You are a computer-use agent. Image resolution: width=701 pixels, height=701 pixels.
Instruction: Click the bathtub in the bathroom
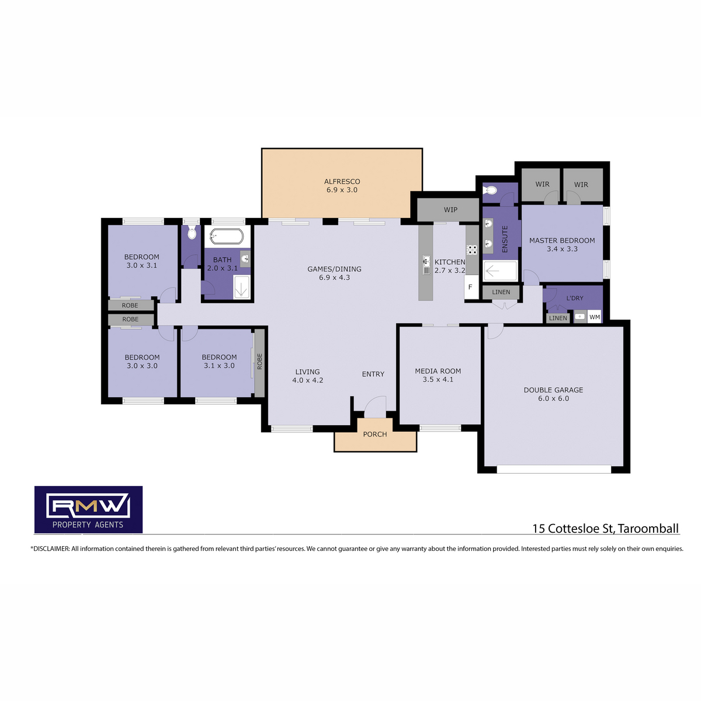226,236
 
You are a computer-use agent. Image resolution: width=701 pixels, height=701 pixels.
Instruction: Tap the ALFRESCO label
342,181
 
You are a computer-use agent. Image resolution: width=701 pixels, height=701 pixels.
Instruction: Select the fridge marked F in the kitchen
471,287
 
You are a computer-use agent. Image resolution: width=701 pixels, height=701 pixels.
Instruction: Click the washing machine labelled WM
594,317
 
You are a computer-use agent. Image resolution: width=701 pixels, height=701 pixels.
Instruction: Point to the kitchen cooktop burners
472,249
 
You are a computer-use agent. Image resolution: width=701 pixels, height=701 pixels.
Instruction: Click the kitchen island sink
426,265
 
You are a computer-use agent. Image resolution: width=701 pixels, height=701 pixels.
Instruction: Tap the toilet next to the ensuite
490,190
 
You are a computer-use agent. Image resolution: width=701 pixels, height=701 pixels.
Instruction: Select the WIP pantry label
450,210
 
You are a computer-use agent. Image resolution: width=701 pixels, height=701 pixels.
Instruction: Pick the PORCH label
374,434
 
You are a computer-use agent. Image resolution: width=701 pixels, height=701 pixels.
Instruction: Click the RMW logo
88,509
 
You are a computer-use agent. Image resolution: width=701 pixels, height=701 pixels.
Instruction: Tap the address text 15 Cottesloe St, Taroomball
605,528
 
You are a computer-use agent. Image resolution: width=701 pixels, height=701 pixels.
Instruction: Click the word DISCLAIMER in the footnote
51,549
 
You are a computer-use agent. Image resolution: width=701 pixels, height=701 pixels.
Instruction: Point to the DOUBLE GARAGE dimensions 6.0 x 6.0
553,398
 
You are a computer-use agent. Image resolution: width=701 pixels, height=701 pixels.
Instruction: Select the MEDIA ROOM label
438,371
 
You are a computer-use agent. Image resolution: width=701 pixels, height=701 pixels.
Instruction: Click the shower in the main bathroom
241,287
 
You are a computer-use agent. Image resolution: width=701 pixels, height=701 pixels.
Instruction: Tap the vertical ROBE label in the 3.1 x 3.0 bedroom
259,361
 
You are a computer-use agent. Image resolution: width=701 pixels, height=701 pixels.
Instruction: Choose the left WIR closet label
542,184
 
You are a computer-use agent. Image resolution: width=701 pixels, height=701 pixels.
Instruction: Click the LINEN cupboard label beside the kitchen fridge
501,291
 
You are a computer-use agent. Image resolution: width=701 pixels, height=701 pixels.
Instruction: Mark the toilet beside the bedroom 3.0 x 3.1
192,232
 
